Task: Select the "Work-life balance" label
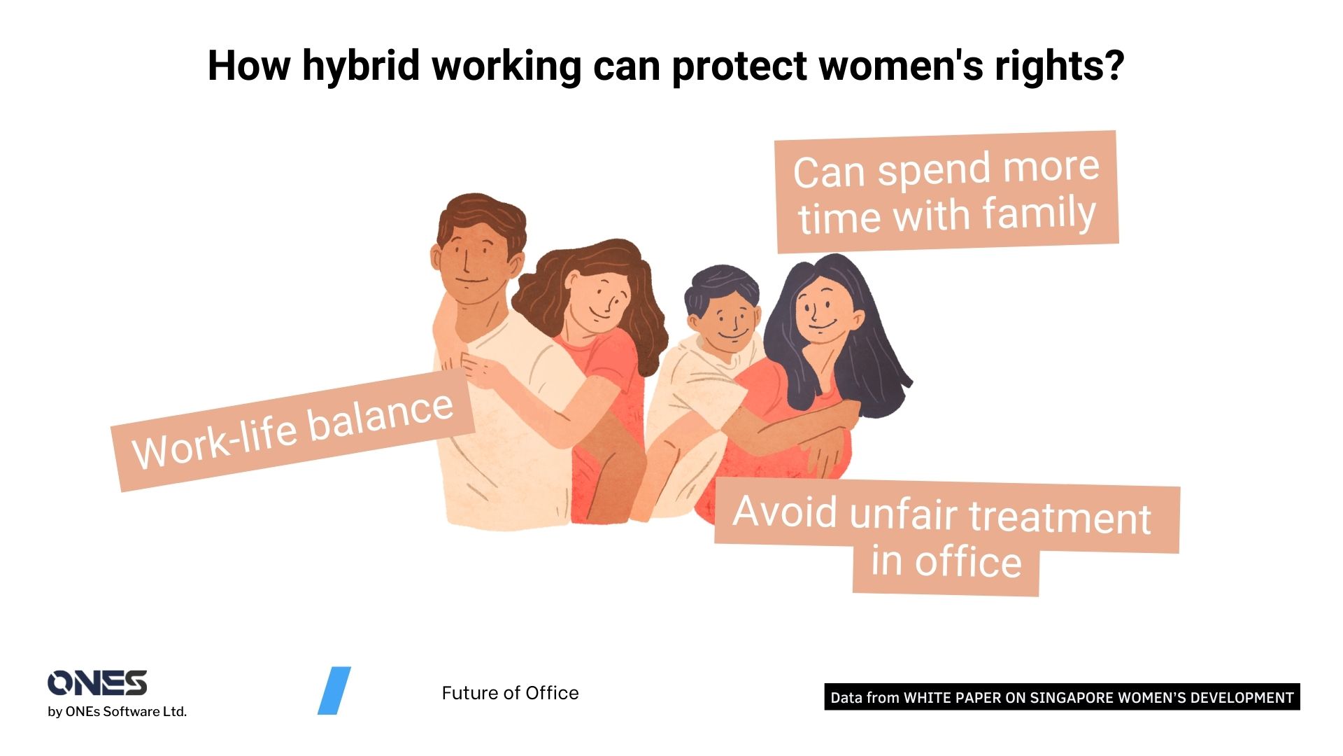pos(293,430)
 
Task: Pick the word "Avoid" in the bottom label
pos(784,512)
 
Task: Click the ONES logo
pos(97,683)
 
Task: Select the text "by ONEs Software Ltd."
pos(117,712)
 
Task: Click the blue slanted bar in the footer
pos(334,691)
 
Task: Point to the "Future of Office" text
pos(510,693)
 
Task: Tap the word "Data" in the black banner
pos(846,698)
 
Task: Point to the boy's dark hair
pos(720,283)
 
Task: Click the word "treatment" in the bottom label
pos(1059,519)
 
